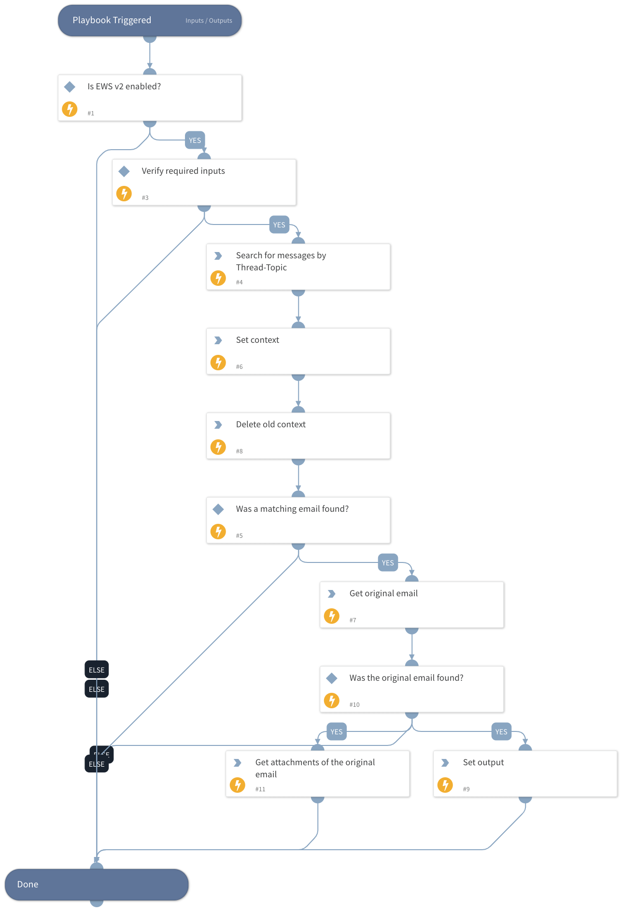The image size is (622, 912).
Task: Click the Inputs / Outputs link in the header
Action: [x=209, y=21]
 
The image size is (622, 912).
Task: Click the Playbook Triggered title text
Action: [x=112, y=20]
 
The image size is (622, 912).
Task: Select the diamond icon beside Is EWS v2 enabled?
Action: [x=70, y=87]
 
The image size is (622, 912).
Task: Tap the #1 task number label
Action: [x=91, y=113]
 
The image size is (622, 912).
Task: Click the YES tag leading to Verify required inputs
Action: [x=195, y=140]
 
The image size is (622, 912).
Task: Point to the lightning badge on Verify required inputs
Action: [x=124, y=194]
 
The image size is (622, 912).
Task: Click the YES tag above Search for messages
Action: [x=279, y=225]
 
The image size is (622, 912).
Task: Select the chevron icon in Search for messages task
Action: [x=218, y=256]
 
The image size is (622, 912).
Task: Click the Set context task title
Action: [x=257, y=340]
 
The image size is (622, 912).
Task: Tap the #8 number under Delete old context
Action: [x=240, y=451]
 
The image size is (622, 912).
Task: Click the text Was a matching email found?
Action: [x=292, y=509]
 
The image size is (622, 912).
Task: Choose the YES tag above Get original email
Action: [x=388, y=563]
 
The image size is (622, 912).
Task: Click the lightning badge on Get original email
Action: [x=332, y=616]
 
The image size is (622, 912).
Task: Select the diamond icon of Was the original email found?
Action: [x=332, y=678]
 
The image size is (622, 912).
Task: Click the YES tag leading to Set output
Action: [x=501, y=732]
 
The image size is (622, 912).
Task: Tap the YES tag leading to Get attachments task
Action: [x=337, y=732]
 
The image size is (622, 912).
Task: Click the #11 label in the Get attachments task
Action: [x=260, y=789]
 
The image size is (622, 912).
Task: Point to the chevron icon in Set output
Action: [x=445, y=763]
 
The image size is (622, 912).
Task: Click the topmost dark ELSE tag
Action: [x=97, y=670]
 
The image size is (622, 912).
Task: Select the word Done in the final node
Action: [x=28, y=884]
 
